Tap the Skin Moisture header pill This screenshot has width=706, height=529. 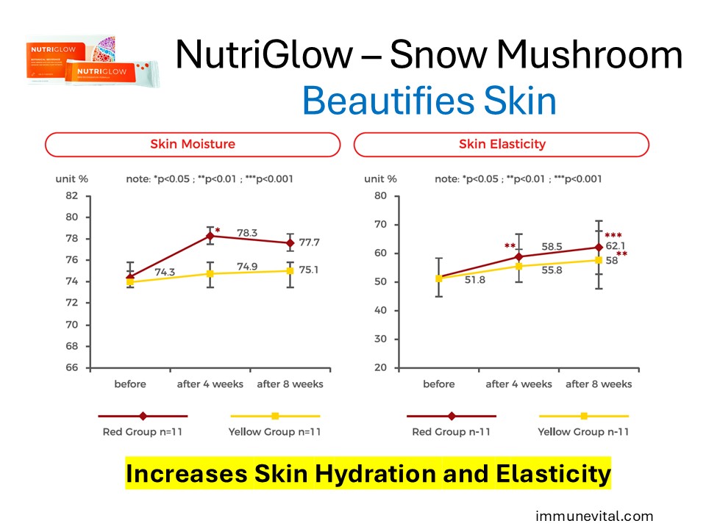[193, 144]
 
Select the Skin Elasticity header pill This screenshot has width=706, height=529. [501, 144]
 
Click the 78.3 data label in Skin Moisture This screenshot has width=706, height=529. [248, 233]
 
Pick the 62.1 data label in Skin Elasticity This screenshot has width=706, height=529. [613, 247]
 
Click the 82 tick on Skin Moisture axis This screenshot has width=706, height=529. [71, 195]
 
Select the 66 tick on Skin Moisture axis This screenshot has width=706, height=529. [71, 367]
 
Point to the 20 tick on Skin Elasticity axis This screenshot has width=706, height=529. [380, 367]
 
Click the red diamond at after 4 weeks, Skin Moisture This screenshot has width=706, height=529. [210, 236]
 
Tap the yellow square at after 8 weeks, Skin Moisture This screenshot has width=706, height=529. [290, 270]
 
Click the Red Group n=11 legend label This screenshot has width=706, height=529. [142, 431]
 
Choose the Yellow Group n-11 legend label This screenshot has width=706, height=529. [583, 431]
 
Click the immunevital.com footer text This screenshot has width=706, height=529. [594, 517]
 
